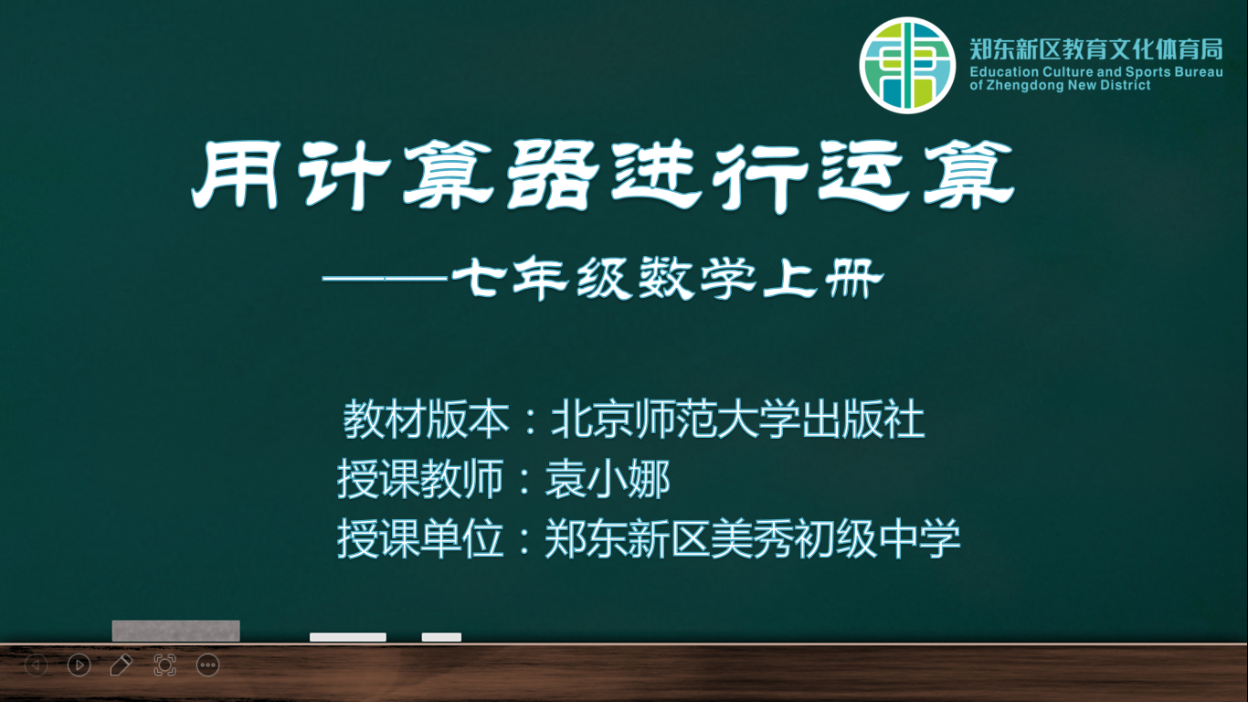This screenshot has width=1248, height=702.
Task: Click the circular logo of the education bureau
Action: click(907, 65)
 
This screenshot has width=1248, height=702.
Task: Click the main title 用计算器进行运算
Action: click(603, 175)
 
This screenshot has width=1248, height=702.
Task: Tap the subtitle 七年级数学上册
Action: click(668, 278)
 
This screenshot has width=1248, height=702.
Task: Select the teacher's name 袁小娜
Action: click(608, 479)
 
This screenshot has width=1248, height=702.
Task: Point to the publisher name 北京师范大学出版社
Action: click(738, 419)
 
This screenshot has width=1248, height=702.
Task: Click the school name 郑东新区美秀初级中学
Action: click(752, 538)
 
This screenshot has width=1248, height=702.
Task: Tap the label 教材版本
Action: click(427, 419)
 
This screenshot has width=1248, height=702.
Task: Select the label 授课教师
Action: click(420, 479)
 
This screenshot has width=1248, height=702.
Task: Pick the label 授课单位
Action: click(420, 538)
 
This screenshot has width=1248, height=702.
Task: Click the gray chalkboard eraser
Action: click(176, 631)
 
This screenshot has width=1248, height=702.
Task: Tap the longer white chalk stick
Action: click(348, 637)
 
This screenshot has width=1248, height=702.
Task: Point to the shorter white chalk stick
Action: click(441, 637)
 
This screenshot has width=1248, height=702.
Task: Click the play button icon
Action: click(79, 665)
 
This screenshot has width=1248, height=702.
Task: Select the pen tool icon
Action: click(122, 665)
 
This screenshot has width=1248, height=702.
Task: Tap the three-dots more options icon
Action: click(207, 665)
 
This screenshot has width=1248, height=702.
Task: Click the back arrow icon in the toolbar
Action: click(37, 665)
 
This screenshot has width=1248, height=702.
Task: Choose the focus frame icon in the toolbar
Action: click(165, 665)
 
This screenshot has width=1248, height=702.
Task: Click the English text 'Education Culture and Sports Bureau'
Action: click(1096, 72)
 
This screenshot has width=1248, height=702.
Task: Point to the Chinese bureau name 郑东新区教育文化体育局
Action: click(1096, 49)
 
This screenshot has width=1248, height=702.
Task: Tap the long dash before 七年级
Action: click(386, 277)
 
